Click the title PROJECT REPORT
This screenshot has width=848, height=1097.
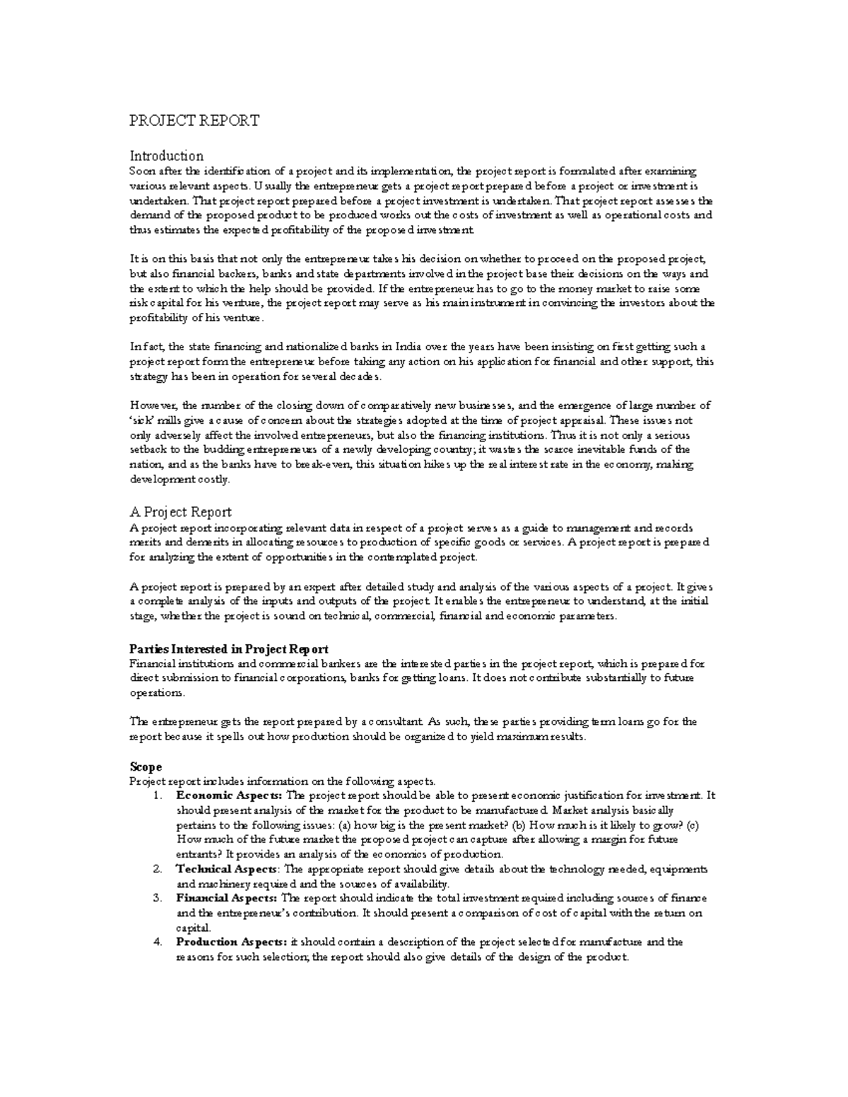click(194, 121)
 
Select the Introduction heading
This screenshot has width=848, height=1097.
click(166, 155)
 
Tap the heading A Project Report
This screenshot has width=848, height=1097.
click(180, 512)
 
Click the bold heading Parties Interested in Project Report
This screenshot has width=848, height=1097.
click(229, 648)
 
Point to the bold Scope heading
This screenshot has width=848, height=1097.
click(146, 766)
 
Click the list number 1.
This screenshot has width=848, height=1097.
click(157, 796)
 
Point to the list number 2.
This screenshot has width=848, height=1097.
click(157, 870)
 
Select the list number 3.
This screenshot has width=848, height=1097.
click(157, 899)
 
